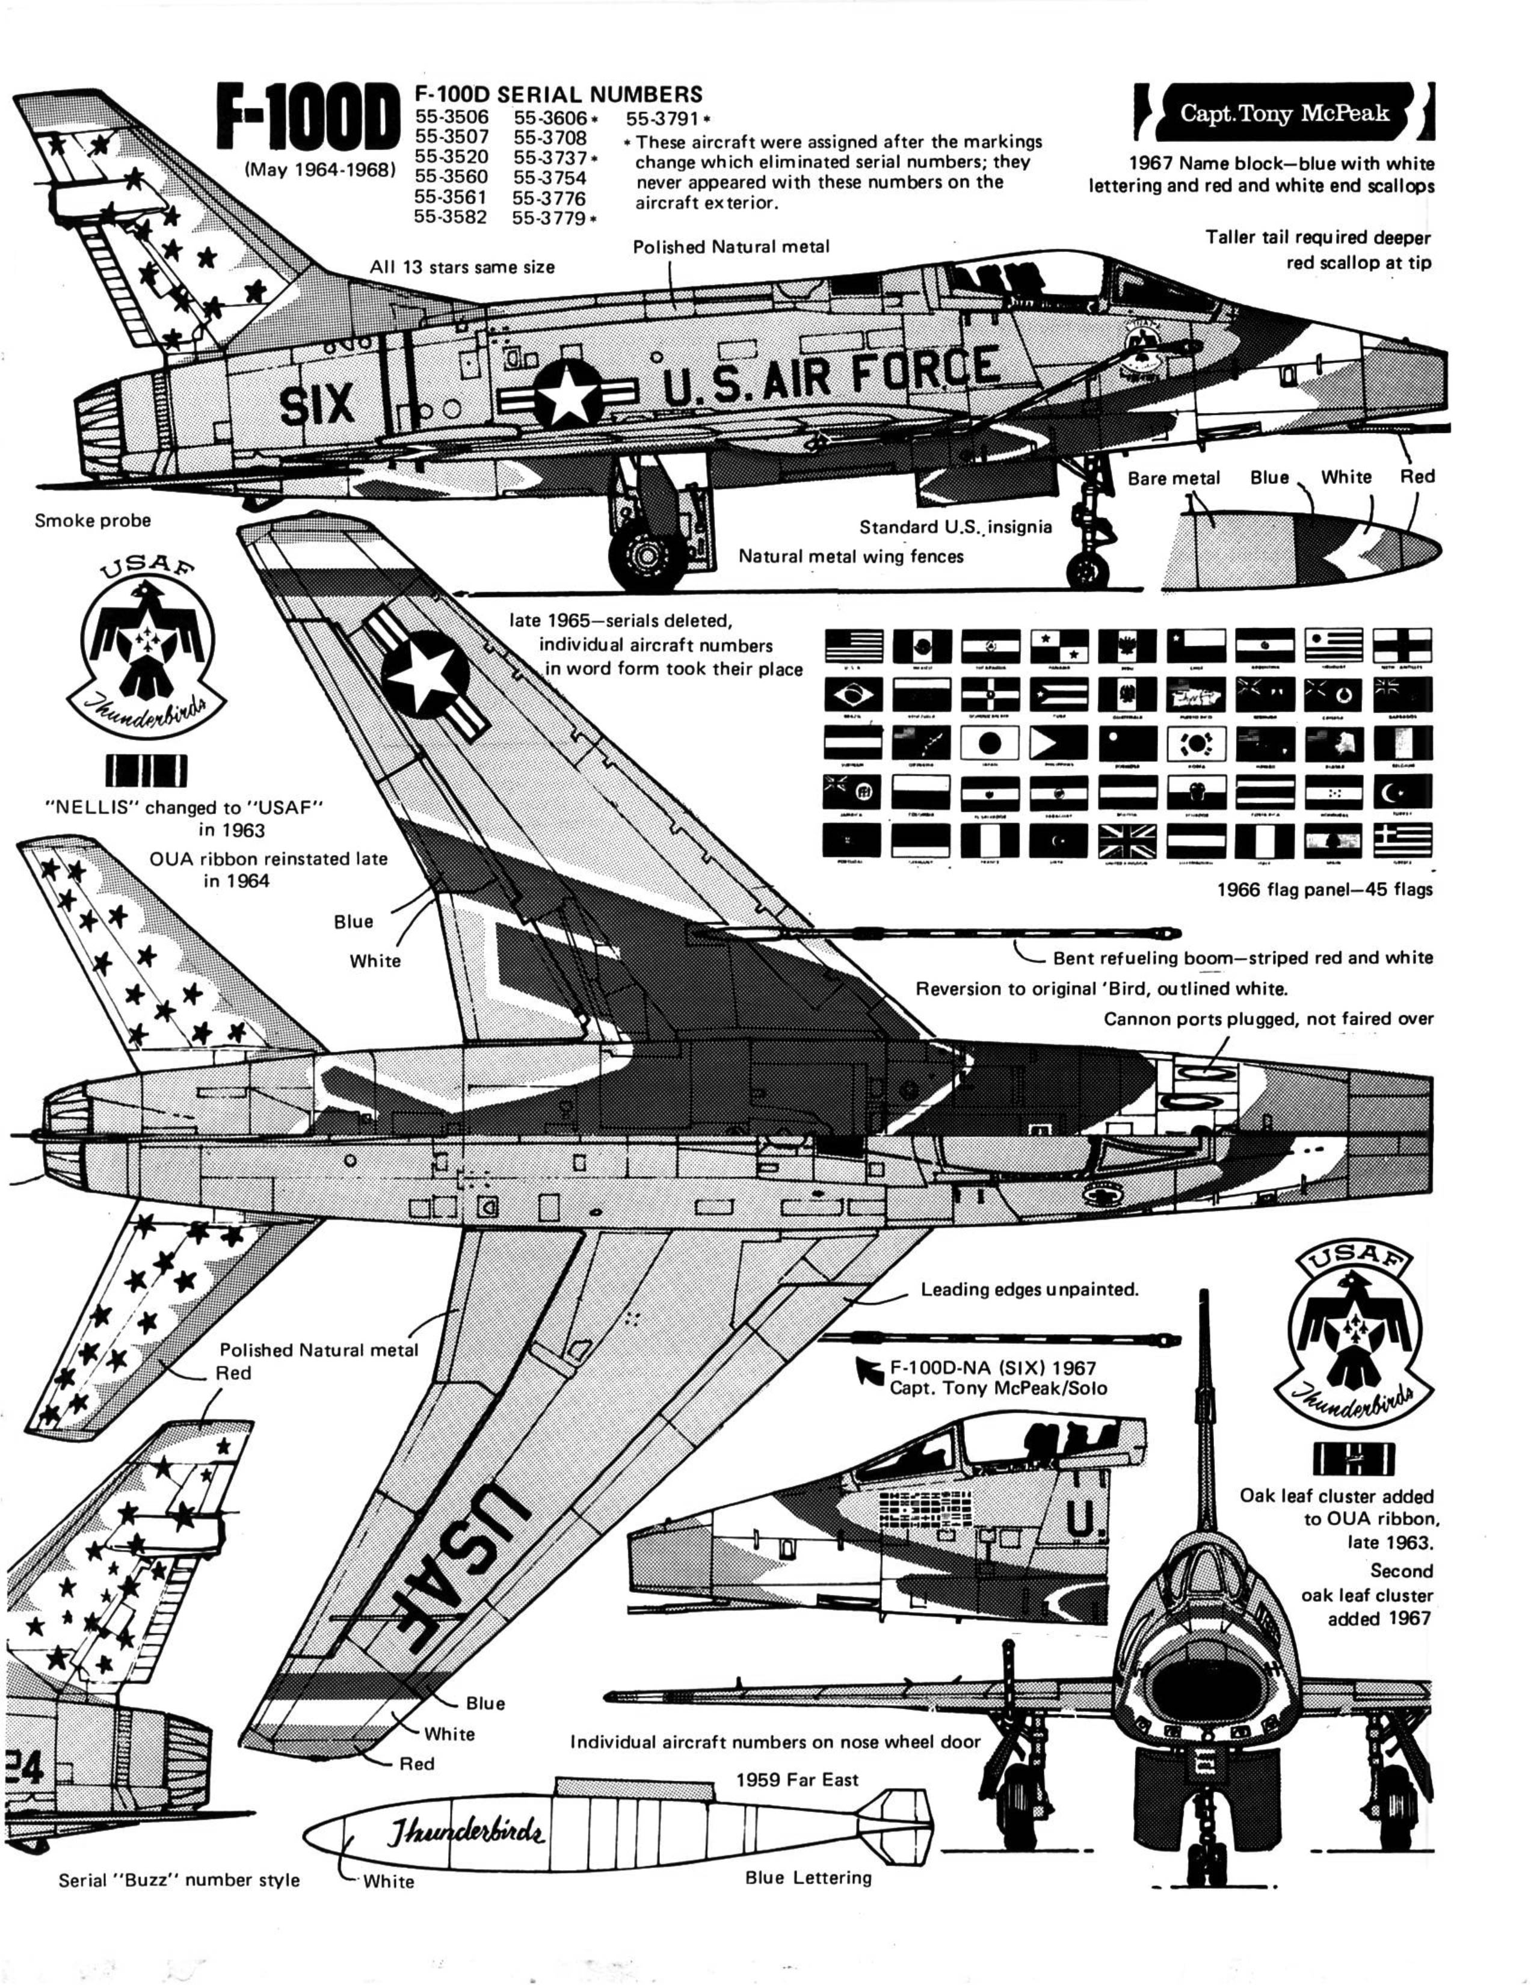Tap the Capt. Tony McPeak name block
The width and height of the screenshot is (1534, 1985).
point(1284,114)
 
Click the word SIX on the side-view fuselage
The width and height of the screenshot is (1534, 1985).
point(316,405)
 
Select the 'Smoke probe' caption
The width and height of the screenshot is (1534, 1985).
point(93,521)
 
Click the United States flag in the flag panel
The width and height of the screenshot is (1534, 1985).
point(854,646)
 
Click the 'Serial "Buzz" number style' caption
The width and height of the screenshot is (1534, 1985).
point(179,1880)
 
